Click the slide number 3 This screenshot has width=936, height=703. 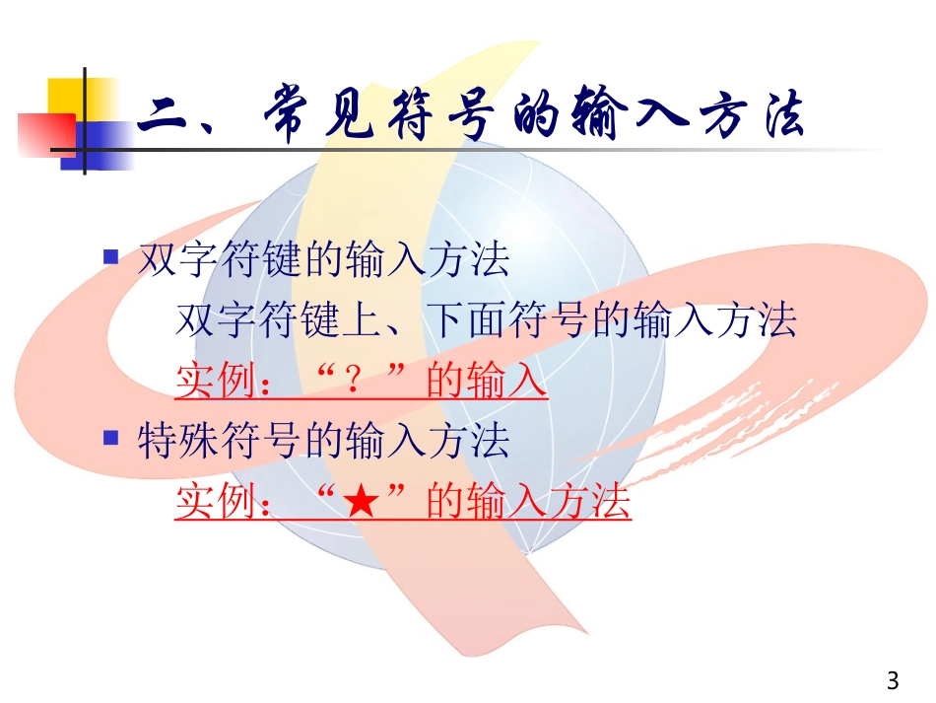tap(893, 680)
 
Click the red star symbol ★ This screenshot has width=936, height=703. tap(362, 502)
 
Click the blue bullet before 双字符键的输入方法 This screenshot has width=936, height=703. tap(111, 258)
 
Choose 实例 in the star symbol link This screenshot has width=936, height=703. tap(216, 503)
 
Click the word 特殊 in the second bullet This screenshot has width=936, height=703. tap(177, 441)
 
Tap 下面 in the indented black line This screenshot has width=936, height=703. tap(466, 321)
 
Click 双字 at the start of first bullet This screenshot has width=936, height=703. tap(177, 261)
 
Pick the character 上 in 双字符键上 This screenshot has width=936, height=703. tap(362, 321)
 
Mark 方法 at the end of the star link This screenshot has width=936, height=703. tap(589, 503)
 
